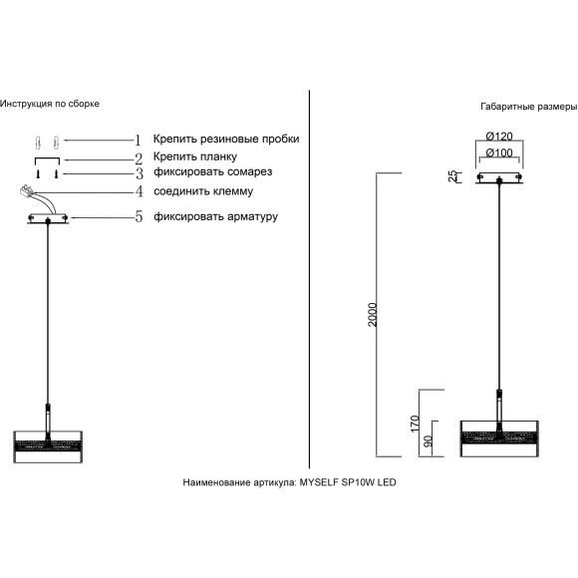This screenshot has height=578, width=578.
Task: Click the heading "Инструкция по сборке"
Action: tap(50, 104)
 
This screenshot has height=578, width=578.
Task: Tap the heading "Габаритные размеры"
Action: tap(529, 107)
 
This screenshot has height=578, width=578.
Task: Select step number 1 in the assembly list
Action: tap(138, 141)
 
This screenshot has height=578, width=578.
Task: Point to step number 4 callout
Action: tap(139, 191)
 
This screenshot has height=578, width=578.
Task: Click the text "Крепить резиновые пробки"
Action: tap(226, 139)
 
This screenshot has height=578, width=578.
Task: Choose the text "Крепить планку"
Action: tap(195, 156)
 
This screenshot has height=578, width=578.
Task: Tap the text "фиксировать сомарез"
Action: tap(213, 171)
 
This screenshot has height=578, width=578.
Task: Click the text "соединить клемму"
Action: tap(203, 191)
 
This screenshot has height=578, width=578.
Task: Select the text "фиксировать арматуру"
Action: tap(215, 216)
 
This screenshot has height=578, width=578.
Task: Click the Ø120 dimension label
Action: tap(499, 136)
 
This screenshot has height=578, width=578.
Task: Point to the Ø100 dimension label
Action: tap(499, 152)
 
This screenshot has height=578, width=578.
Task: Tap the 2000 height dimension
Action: tap(373, 315)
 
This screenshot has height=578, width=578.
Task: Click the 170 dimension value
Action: tap(416, 424)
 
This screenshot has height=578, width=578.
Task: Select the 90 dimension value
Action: tap(428, 441)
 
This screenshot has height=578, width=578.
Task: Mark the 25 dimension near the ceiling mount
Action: tap(452, 176)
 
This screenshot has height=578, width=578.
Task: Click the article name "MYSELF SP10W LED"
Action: tap(348, 482)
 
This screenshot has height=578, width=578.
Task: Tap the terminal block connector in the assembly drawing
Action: tap(26, 190)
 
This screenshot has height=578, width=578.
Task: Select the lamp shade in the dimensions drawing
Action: tap(499, 438)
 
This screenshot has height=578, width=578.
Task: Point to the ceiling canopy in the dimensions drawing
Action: tap(499, 177)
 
